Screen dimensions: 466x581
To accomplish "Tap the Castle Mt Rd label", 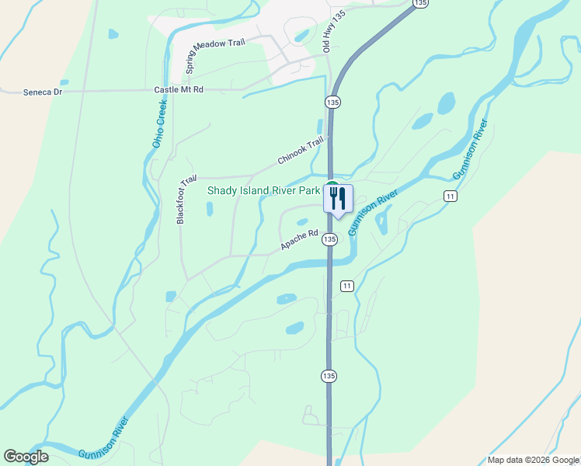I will pyautogui.click(x=178, y=90).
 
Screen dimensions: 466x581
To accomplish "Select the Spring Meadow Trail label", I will pyautogui.click(x=214, y=55).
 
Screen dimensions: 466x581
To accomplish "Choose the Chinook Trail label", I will pyautogui.click(x=300, y=151).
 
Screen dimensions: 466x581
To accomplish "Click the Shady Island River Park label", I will pyautogui.click(x=263, y=190).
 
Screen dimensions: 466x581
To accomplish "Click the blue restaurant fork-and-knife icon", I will pyautogui.click(x=337, y=198).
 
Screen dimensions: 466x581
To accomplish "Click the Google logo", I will pyautogui.click(x=26, y=457).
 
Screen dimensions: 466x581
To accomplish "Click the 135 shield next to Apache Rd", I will pyautogui.click(x=330, y=239).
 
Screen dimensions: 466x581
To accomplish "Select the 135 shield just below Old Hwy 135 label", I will pyautogui.click(x=332, y=103).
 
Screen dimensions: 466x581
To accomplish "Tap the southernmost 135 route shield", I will pyautogui.click(x=329, y=376).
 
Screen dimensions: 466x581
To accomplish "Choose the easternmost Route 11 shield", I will pyautogui.click(x=450, y=196).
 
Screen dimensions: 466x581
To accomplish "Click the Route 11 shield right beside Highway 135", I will pyautogui.click(x=346, y=286).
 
